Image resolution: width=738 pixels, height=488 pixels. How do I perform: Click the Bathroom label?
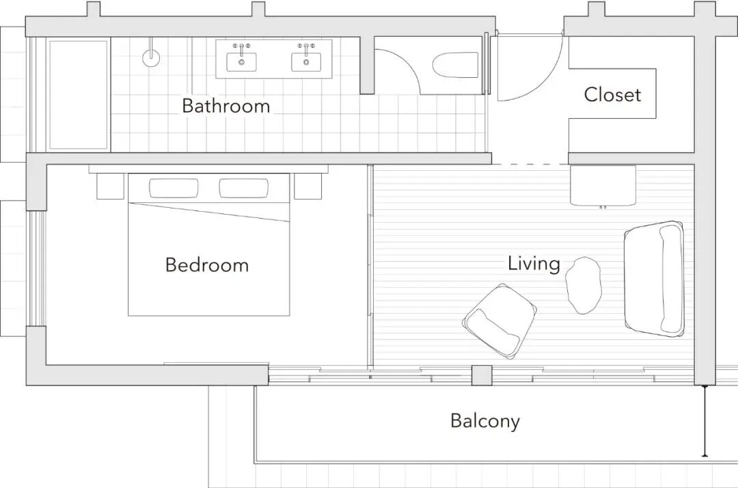coord(226,105)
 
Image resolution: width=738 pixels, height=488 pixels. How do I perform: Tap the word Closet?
coord(612,94)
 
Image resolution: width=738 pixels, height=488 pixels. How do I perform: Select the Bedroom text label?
coord(206,265)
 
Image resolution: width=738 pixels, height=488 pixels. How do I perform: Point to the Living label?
coord(534,263)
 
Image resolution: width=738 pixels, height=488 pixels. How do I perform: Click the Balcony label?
coord(484,421)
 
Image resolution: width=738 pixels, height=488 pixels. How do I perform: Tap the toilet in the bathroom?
coord(455,65)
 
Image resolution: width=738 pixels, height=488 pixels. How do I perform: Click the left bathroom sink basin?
coord(241,62)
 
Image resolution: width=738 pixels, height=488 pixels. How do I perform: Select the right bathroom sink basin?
coord(306,62)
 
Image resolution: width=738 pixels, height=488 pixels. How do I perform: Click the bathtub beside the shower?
coord(79,94)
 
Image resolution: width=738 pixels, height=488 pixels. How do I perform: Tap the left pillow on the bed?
coord(174,188)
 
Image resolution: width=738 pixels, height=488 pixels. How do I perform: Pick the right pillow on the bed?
coord(244,188)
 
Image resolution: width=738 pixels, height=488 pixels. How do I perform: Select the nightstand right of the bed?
coord(307,186)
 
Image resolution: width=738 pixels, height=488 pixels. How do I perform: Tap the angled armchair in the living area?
coord(500,321)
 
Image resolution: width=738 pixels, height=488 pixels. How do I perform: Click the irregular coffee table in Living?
coord(584,285)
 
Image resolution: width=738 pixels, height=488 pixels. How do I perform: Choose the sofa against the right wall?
coord(654,279)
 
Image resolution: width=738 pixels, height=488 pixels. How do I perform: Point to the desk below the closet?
coord(603,185)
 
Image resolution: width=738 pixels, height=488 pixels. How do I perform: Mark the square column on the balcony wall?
coord(482,375)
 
